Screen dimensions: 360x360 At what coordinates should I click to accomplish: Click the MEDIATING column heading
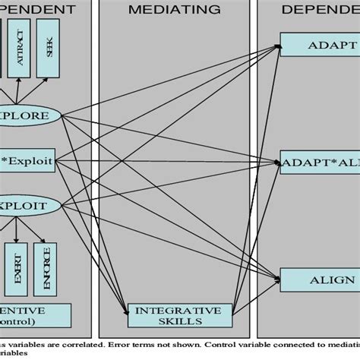coord(175,10)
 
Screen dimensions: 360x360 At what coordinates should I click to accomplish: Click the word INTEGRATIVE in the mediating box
coord(178,311)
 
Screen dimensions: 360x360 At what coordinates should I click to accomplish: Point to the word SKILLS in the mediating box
coord(178,321)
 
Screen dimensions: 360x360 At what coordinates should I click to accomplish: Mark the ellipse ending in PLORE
coord(30,116)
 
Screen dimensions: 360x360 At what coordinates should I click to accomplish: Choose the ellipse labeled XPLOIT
coord(30,205)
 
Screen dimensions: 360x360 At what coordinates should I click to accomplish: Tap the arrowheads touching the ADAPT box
coord(278,47)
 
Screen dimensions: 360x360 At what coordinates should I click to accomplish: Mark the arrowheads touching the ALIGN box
coord(278,279)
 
